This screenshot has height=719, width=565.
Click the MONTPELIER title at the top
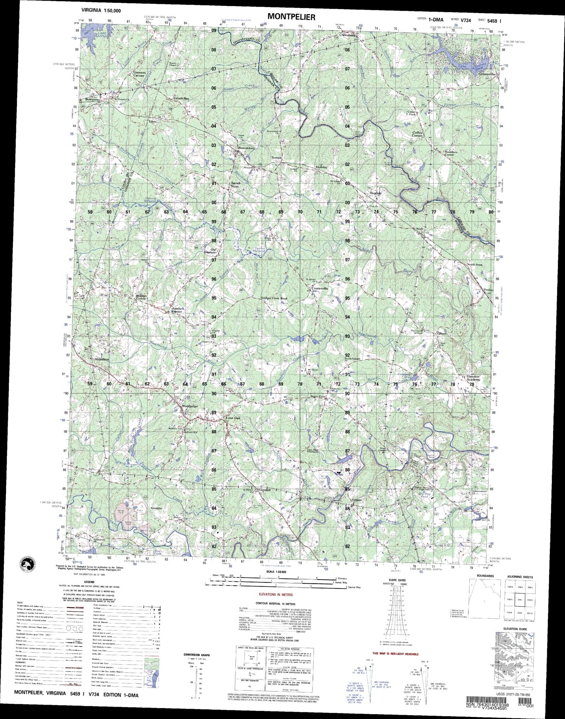[x=291, y=17]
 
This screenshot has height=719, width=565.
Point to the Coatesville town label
[x=320, y=289]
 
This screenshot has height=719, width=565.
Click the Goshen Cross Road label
[x=274, y=298]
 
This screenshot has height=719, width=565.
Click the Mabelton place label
[x=102, y=359]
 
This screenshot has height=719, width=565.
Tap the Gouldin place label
[x=156, y=508]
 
